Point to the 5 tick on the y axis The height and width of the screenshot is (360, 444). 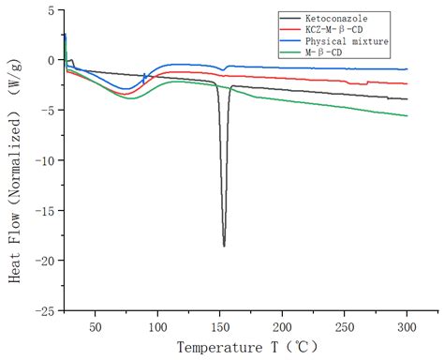pyautogui.click(x=49, y=10)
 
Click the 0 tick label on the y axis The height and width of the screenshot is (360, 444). pyautogui.click(x=49, y=60)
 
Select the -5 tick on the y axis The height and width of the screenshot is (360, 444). pyautogui.click(x=46, y=110)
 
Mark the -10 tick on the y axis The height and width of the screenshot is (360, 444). pyautogui.click(x=42, y=160)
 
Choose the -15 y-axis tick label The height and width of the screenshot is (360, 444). pyautogui.click(x=42, y=210)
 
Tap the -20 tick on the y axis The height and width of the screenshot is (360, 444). pyautogui.click(x=42, y=260)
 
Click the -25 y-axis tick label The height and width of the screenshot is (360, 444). pyautogui.click(x=42, y=309)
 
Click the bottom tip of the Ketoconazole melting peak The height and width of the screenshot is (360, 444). pyautogui.click(x=224, y=246)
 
